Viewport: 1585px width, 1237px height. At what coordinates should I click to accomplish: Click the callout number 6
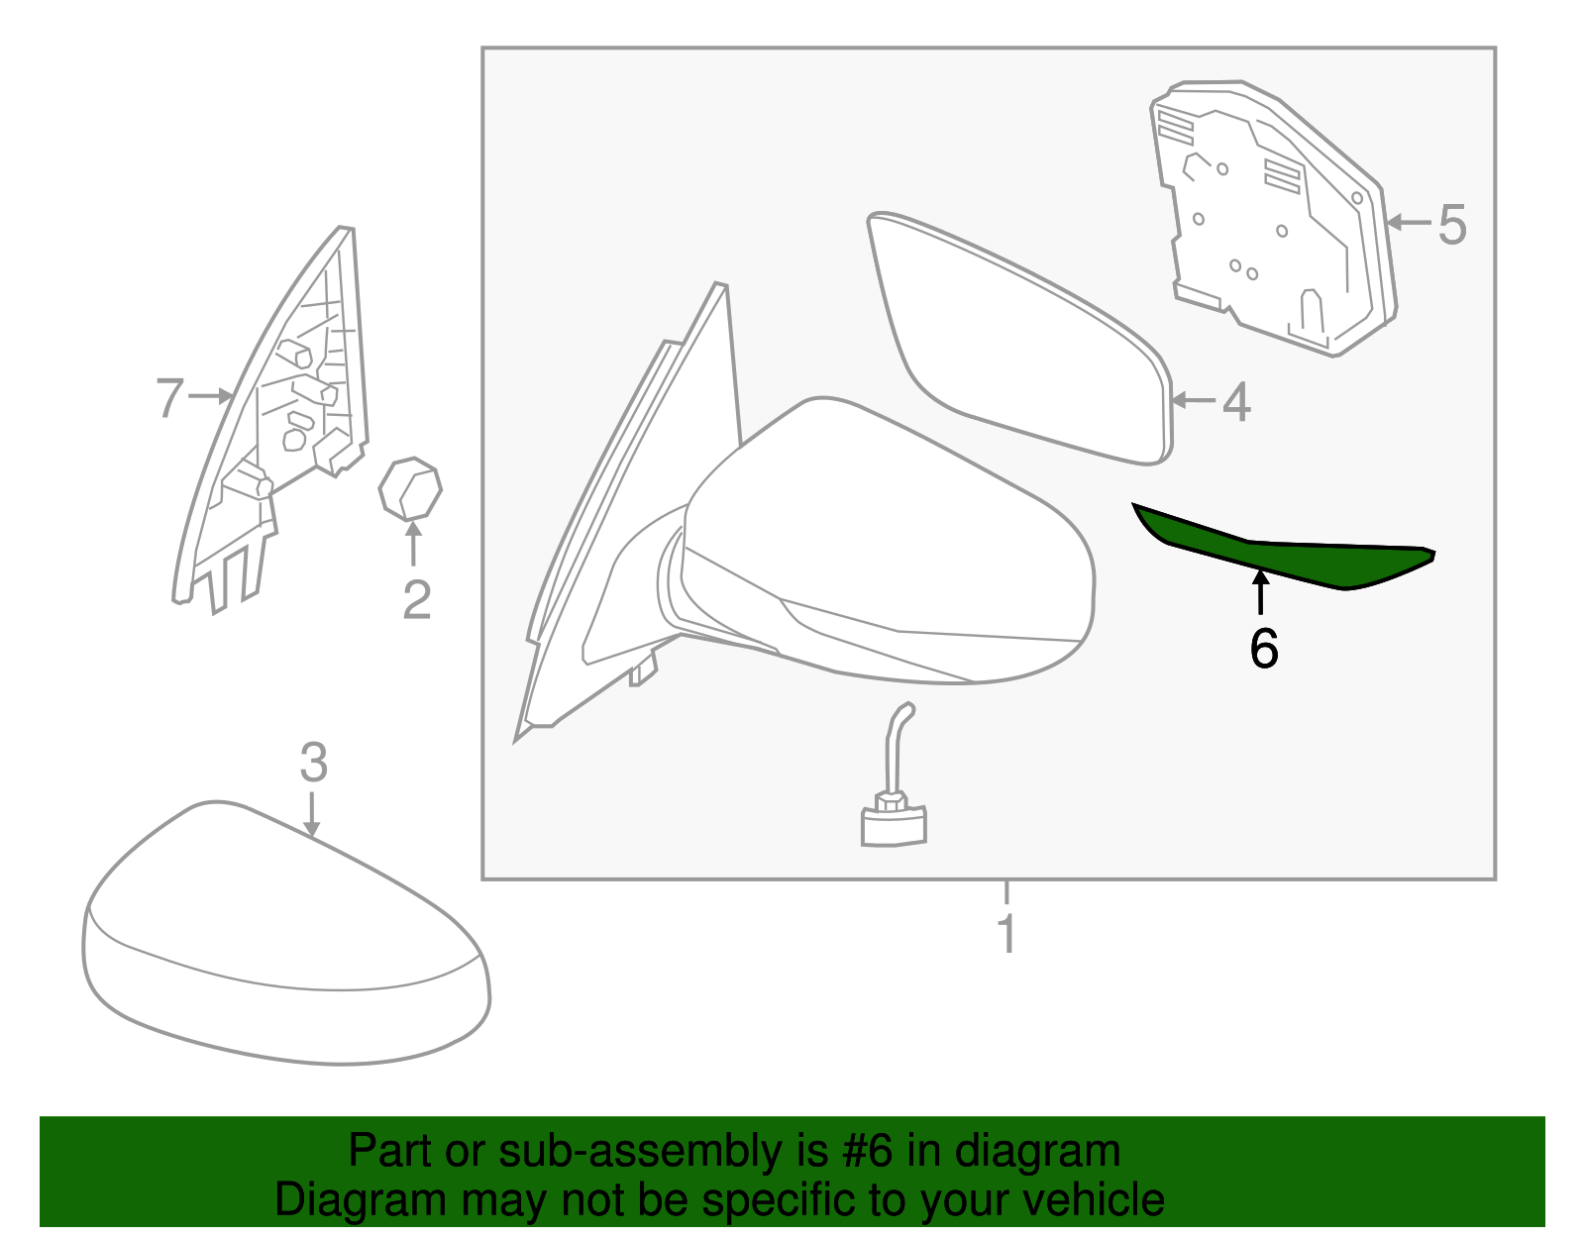[x=1263, y=648]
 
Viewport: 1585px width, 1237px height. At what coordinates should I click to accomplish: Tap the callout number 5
[x=1452, y=225]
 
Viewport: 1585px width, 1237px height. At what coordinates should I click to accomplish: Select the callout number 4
[x=1236, y=402]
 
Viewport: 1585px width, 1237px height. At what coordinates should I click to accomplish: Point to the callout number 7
[x=170, y=397]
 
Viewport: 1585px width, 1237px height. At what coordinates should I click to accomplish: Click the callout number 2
[x=416, y=600]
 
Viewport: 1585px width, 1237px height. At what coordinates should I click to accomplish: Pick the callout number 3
[x=314, y=763]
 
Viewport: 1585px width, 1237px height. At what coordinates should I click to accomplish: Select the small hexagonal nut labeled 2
[x=410, y=488]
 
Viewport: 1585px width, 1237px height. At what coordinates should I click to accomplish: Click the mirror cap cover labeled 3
[x=286, y=933]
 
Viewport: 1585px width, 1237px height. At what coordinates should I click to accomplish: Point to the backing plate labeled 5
[x=1273, y=219]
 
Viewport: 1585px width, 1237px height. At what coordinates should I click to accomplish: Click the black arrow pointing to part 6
[x=1260, y=592]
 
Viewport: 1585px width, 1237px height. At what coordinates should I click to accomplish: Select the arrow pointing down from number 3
[x=311, y=814]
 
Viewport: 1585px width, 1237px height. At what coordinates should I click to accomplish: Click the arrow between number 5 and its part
[x=1409, y=222]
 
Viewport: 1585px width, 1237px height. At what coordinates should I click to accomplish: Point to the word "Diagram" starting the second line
[x=361, y=1199]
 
